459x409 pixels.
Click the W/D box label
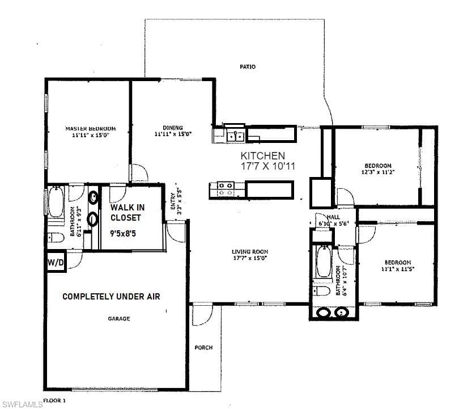[x=56, y=263]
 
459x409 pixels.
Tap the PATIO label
[x=247, y=67]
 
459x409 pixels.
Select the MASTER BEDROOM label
[x=90, y=128]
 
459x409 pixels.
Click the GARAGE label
[x=119, y=319]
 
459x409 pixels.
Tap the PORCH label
[x=203, y=348]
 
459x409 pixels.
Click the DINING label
[x=173, y=128]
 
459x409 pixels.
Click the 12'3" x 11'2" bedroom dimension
[x=378, y=171]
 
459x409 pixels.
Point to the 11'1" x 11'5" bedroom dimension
[x=397, y=269]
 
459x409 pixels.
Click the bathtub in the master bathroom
[x=56, y=203]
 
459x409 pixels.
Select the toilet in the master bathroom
[x=55, y=237]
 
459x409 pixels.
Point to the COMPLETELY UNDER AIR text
[x=111, y=296]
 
